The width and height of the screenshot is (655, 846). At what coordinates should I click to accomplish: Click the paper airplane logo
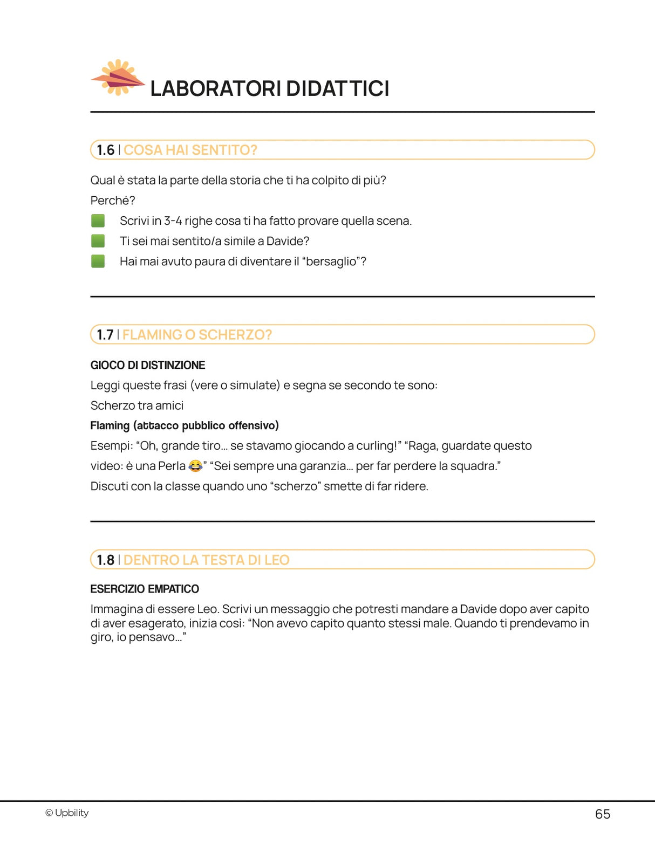point(118,78)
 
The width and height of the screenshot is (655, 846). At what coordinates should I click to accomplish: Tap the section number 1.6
point(105,150)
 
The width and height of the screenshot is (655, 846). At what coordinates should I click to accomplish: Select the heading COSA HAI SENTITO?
point(190,150)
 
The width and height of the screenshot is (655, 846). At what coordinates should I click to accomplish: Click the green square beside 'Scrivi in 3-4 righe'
point(98,221)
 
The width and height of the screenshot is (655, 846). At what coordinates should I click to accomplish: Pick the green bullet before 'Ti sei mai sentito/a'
point(98,241)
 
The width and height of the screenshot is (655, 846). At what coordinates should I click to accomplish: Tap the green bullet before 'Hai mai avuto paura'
point(98,262)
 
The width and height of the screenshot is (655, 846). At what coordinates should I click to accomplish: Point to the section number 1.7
point(105,335)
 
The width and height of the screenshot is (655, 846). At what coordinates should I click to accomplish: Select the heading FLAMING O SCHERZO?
point(197,335)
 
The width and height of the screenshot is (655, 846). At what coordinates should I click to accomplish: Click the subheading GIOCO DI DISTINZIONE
point(147,365)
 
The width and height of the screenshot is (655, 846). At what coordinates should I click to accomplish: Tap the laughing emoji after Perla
point(195,466)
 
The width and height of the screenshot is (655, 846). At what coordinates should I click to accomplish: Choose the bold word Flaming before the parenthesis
point(110,425)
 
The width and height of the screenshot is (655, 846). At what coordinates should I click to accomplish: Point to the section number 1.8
point(105,560)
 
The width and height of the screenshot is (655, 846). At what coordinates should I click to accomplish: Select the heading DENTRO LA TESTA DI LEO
point(206,560)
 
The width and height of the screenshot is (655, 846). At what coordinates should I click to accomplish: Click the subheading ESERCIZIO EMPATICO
point(145,589)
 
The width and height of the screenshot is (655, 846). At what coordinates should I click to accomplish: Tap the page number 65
point(602,814)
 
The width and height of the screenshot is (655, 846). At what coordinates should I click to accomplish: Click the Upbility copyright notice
point(67,813)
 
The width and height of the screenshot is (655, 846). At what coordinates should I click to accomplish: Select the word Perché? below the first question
point(112,201)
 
